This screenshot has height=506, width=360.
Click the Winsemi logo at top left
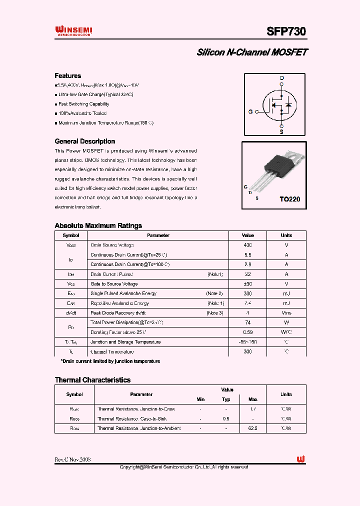[x=73, y=31]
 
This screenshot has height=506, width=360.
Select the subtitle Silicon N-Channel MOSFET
[x=252, y=52]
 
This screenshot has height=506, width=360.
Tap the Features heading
[x=67, y=76]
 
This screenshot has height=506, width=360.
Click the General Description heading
[x=84, y=141]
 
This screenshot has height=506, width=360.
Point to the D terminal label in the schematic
[x=281, y=78]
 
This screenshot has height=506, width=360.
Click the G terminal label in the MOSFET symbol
[x=250, y=112]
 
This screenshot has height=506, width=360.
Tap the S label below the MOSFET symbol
[x=281, y=132]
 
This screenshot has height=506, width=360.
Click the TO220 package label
[x=290, y=199]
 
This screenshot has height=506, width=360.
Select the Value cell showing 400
[x=247, y=245]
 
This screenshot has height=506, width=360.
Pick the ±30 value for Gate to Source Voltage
[x=247, y=284]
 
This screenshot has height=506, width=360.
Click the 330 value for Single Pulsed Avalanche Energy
[x=247, y=293]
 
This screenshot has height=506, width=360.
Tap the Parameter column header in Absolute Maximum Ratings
[x=158, y=235]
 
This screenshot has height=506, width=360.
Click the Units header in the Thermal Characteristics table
[x=286, y=394]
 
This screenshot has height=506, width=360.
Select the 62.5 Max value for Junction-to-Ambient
[x=252, y=428]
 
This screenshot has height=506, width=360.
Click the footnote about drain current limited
[x=110, y=361]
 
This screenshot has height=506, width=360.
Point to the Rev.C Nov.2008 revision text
[x=72, y=459]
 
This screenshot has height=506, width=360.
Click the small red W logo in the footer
[x=301, y=459]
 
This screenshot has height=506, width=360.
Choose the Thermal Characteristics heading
[x=92, y=380]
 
